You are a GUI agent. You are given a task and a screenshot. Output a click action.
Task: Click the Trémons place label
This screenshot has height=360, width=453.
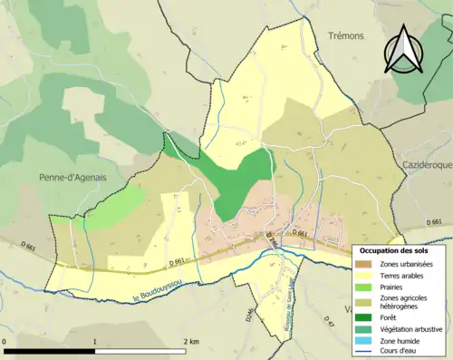point(344,35)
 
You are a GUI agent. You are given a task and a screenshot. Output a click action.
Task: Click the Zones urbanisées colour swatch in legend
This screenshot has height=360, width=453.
point(366,264)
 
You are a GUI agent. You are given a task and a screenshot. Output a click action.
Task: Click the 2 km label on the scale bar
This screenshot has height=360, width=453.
point(190,341)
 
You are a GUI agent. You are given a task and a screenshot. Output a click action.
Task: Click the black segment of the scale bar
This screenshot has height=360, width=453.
point(50,351)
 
